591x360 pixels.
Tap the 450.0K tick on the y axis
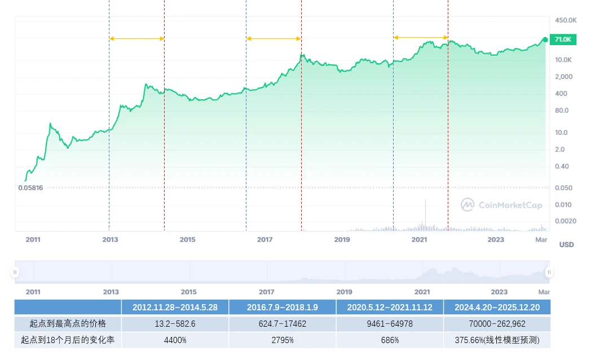[566, 20]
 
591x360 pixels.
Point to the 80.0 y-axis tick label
[562, 111]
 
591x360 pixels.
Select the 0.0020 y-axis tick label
[564, 222]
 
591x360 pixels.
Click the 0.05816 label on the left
[31, 187]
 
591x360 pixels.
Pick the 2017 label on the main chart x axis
[265, 240]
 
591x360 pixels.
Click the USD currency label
[566, 245]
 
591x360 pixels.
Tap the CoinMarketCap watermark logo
[501, 205]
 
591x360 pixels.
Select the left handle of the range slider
[15, 273]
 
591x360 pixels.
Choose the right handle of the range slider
[548, 273]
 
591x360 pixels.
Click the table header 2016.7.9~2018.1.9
[282, 308]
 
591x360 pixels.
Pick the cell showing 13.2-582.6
[175, 324]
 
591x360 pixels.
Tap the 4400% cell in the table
[175, 340]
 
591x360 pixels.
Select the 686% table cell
[390, 340]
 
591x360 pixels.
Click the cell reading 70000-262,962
[497, 324]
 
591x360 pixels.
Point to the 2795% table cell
[282, 340]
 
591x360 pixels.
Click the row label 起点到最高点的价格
[68, 324]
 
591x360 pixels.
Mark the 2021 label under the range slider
[422, 292]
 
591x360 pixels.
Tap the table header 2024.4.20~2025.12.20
[497, 308]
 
